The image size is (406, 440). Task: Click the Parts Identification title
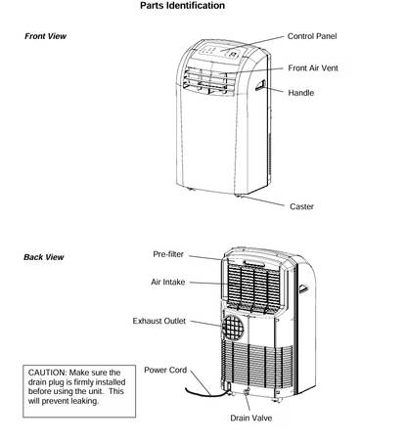182,6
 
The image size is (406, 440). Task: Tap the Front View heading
45,36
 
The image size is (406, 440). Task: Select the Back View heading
44,257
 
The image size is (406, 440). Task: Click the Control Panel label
312,36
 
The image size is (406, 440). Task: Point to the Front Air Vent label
313,68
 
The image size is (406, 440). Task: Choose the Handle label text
300,93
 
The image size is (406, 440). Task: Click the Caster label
301,206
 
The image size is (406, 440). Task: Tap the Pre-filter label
168,254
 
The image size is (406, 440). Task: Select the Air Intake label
167,282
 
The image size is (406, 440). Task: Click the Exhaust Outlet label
159,321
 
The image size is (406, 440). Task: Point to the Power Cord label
165,371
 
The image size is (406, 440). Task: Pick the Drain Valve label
251,418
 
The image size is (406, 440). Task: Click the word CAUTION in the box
47,373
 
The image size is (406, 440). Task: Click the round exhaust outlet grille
233,327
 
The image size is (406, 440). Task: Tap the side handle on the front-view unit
261,85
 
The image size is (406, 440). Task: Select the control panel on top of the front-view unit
219,52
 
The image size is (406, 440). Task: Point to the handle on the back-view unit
303,288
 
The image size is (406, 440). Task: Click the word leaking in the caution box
85,401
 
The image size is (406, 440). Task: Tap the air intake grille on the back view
253,285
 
